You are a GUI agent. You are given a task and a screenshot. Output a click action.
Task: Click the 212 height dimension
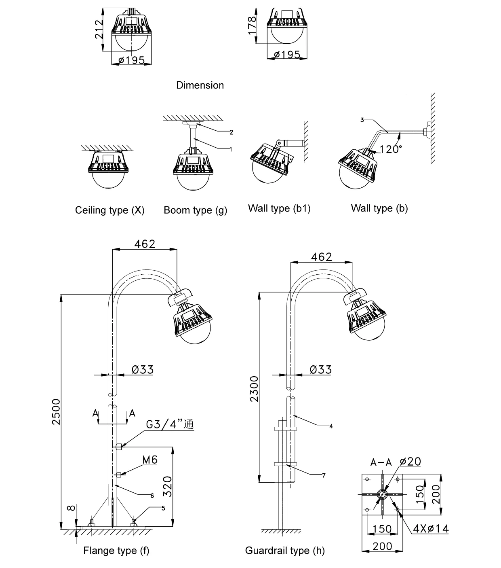(x=99, y=30)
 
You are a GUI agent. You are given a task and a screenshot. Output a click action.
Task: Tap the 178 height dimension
(x=252, y=25)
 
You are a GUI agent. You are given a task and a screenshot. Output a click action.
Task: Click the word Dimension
(x=200, y=85)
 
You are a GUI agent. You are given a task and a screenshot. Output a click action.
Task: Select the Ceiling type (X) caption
(x=110, y=210)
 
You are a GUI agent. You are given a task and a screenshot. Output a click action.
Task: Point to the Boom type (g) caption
(x=196, y=210)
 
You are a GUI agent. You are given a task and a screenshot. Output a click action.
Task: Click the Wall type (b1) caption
(x=279, y=208)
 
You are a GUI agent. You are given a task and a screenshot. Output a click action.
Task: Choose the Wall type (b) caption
(x=379, y=208)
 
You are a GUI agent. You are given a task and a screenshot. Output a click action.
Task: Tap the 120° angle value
(x=391, y=149)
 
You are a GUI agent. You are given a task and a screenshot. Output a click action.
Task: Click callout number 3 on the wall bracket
(x=362, y=120)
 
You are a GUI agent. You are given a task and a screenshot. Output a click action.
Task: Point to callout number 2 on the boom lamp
(x=232, y=132)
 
